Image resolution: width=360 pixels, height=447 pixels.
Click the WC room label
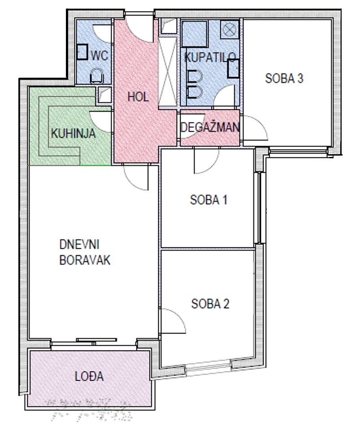pyautogui.click(x=100, y=55)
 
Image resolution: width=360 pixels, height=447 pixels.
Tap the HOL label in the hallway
pyautogui.click(x=138, y=97)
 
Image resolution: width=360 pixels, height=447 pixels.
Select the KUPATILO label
pyautogui.click(x=210, y=57)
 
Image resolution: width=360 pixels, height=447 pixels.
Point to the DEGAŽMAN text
pyautogui.click(x=210, y=127)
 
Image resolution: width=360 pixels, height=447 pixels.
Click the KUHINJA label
pyautogui.click(x=73, y=134)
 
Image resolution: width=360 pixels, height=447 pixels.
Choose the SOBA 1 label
pyautogui.click(x=208, y=200)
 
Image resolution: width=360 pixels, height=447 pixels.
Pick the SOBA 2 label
pyautogui.click(x=210, y=304)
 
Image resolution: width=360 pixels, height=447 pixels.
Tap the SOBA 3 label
pyautogui.click(x=284, y=78)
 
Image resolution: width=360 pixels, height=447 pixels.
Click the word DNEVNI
pyautogui.click(x=79, y=245)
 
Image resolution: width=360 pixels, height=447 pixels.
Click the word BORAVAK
pyautogui.click(x=85, y=260)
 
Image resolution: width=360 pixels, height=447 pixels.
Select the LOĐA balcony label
pyautogui.click(x=89, y=376)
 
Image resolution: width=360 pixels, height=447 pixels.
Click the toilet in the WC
pyautogui.click(x=97, y=76)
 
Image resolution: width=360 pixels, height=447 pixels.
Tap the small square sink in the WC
pyautogui.click(x=82, y=52)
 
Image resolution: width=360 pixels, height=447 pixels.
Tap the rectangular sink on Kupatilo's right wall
pyautogui.click(x=233, y=69)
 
